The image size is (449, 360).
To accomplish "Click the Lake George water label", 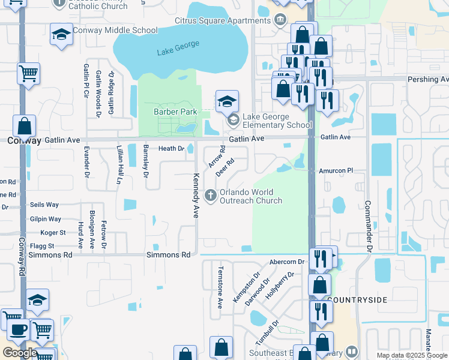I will pos(178,48).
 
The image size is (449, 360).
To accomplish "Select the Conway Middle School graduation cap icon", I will pos(61,35).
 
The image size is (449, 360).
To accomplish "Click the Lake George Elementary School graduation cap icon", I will pos(228,101).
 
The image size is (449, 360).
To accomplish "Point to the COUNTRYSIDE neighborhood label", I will pos(358,299).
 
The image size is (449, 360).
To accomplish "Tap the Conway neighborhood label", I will pos(24,140).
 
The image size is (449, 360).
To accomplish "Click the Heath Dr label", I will pos(171,148).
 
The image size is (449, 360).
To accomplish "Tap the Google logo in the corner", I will pos(20,353).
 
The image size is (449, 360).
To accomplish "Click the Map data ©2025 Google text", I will pos(411,355).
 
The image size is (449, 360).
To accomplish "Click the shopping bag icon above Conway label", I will pos(25,127).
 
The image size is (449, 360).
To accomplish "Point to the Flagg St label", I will pos(42,246).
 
